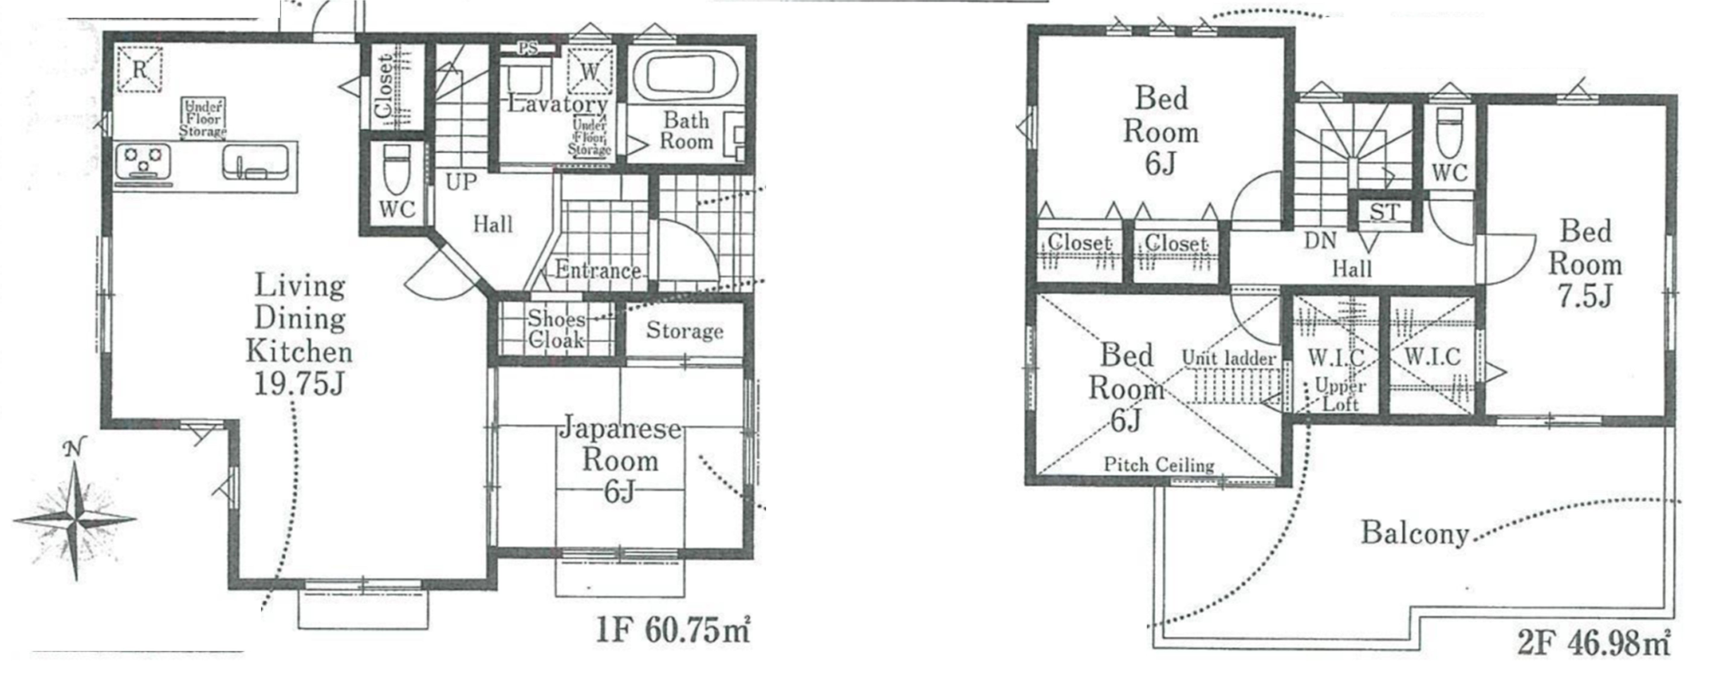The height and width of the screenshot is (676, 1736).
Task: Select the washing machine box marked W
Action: (590, 70)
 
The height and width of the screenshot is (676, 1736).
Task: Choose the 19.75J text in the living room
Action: (299, 384)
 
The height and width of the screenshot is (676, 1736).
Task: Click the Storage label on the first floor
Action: (685, 331)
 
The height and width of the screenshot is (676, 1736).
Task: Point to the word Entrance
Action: (598, 270)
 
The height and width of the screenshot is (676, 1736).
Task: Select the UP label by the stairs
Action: (461, 181)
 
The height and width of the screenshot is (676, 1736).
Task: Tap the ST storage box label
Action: (1384, 212)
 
